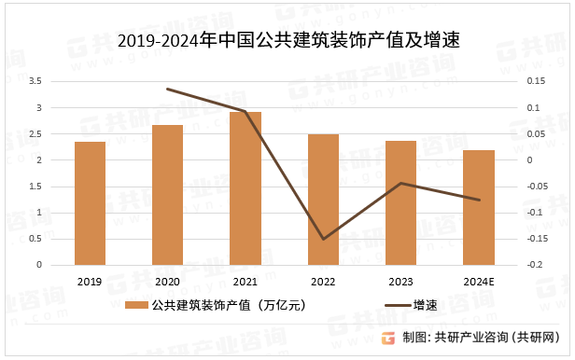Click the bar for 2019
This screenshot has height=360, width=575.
pyautogui.click(x=90, y=203)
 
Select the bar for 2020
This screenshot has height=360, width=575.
pyautogui.click(x=168, y=195)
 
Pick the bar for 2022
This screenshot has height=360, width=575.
pyautogui.click(x=323, y=200)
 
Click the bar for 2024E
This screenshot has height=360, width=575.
pyautogui.click(x=479, y=207)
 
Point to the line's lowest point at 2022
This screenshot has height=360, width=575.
pyautogui.click(x=323, y=239)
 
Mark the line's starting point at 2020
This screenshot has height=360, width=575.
pyautogui.click(x=168, y=90)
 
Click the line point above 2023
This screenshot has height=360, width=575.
pyautogui.click(x=400, y=183)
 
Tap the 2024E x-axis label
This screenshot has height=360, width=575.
pyautogui.click(x=479, y=282)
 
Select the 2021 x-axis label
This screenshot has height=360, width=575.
pyautogui.click(x=245, y=282)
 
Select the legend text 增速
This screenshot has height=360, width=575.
pyautogui.click(x=426, y=305)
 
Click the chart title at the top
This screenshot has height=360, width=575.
pyautogui.click(x=288, y=41)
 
